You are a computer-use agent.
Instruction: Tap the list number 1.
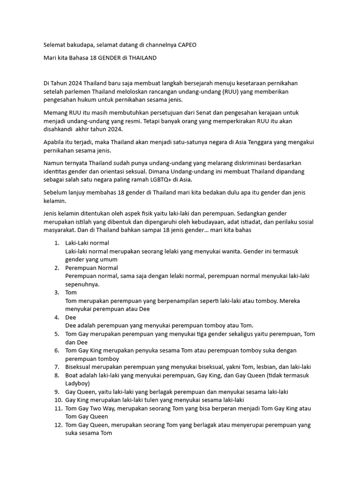point(56,243)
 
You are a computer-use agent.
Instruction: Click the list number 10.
point(58,400)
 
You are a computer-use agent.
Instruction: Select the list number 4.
point(56,317)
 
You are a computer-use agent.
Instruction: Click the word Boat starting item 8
point(72,375)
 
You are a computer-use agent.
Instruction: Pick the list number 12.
point(58,425)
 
